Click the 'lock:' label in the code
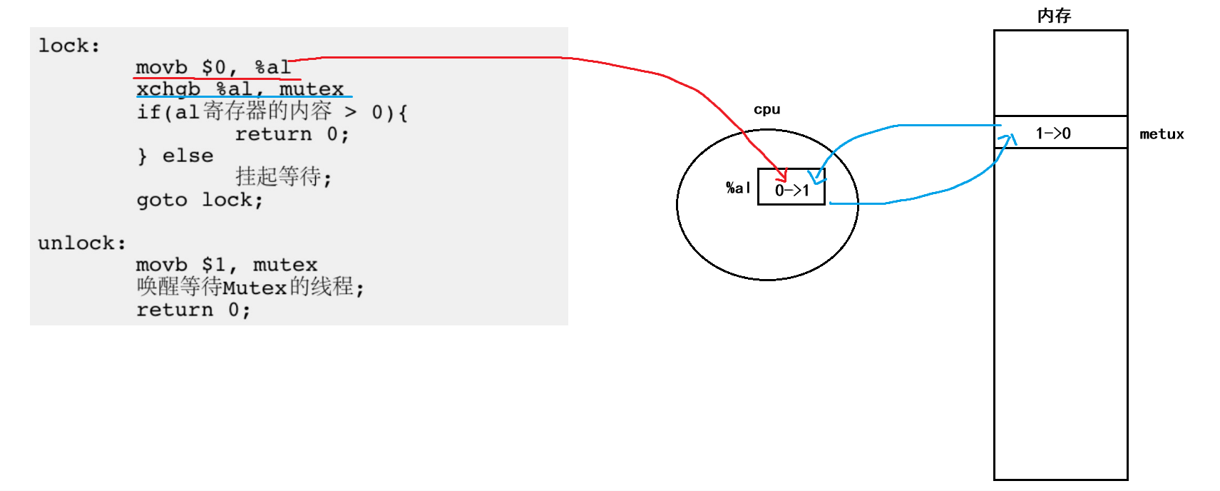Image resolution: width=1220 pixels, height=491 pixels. [68, 46]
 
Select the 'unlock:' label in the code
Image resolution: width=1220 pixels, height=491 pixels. [82, 243]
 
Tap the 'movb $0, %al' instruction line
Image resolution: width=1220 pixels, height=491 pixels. [213, 68]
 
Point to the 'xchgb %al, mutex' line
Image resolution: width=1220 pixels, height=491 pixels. [240, 89]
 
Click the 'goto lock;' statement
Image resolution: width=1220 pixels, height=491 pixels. [200, 200]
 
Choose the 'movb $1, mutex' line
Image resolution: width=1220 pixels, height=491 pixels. [227, 265]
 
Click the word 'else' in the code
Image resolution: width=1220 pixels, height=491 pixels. [188, 156]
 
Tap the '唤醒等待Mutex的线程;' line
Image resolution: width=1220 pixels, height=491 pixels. [250, 287]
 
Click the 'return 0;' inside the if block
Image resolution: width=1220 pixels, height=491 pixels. [292, 134]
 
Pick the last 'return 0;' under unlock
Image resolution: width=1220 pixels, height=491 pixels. [193, 310]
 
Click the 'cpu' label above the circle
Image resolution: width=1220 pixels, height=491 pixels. [767, 110]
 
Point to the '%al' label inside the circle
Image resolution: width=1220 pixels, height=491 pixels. [737, 188]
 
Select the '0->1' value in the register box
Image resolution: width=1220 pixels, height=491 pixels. [792, 191]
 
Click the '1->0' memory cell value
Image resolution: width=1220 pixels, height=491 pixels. [1053, 133]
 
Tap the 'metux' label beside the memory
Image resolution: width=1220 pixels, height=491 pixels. [1162, 134]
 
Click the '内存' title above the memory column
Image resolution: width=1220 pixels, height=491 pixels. [1054, 16]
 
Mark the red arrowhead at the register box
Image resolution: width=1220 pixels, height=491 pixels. [783, 176]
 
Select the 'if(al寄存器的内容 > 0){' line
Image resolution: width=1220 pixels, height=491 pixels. [272, 112]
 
